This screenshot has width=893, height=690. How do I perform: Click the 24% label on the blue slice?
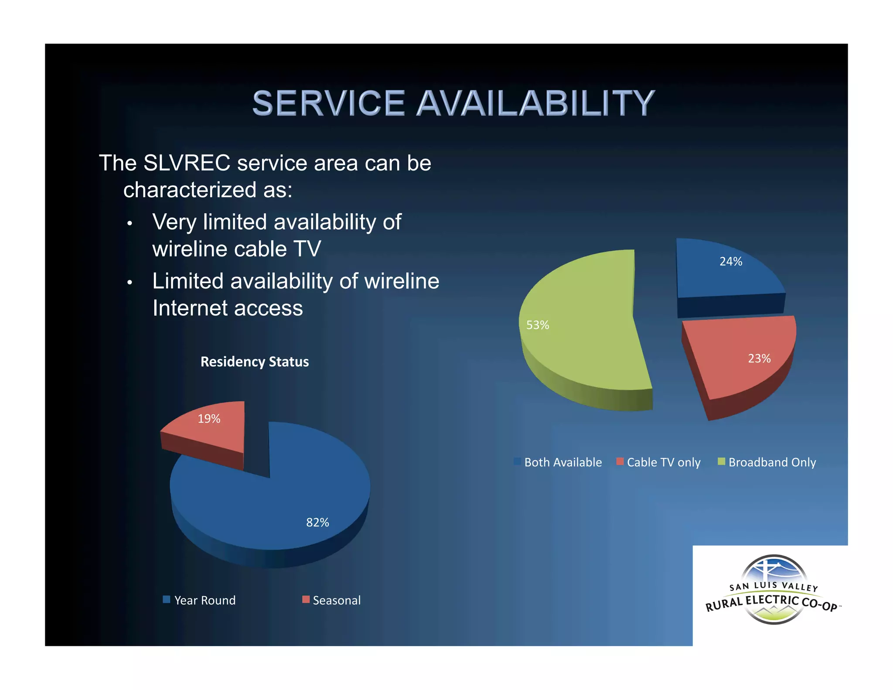pyautogui.click(x=730, y=262)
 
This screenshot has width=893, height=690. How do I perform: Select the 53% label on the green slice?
pyautogui.click(x=537, y=325)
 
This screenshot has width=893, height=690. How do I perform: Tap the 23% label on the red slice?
pyautogui.click(x=759, y=359)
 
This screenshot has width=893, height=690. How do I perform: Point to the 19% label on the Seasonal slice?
pyautogui.click(x=209, y=419)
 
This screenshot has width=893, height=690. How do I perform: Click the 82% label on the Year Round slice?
pyautogui.click(x=317, y=522)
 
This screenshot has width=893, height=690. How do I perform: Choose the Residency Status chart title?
pyautogui.click(x=255, y=362)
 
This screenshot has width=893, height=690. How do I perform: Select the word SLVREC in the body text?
pyautogui.click(x=187, y=163)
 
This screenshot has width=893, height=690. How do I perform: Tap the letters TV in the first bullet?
pyautogui.click(x=307, y=249)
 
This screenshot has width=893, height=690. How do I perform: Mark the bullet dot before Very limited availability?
pyautogui.click(x=130, y=224)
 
